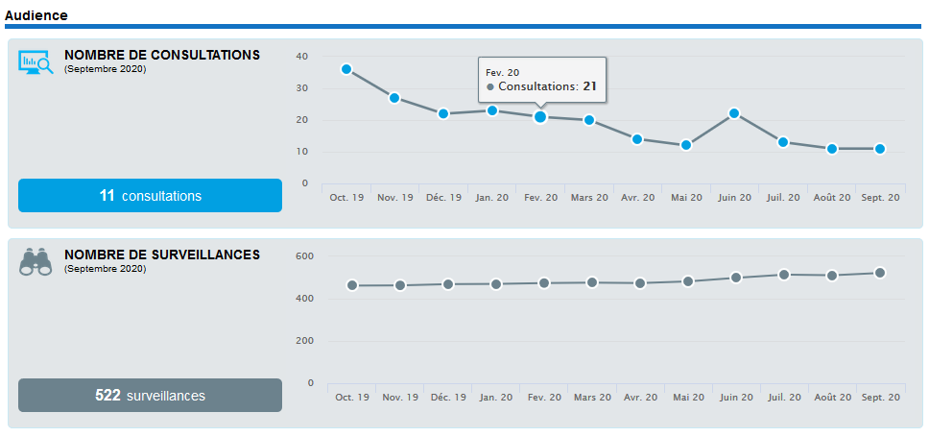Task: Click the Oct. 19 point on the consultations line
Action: click(345, 69)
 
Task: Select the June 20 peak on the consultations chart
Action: click(734, 113)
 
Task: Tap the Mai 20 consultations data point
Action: click(686, 145)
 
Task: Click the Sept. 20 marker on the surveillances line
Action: click(880, 273)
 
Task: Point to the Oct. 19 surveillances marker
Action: click(352, 285)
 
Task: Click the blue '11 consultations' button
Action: click(150, 196)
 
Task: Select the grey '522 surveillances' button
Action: click(150, 395)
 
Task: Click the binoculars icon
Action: click(36, 262)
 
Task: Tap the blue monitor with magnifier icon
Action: click(36, 63)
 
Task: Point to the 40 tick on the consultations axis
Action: click(302, 57)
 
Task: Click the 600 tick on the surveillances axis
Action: click(304, 256)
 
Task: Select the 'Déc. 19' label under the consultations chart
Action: click(443, 198)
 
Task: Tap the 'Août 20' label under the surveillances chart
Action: click(832, 397)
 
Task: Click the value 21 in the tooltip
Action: click(589, 86)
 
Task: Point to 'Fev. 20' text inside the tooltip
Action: click(502, 72)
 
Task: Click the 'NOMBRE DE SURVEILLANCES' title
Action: click(162, 255)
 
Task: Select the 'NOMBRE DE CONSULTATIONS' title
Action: click(162, 55)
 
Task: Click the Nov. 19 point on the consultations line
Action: click(394, 98)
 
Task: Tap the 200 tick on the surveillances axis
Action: click(304, 341)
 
